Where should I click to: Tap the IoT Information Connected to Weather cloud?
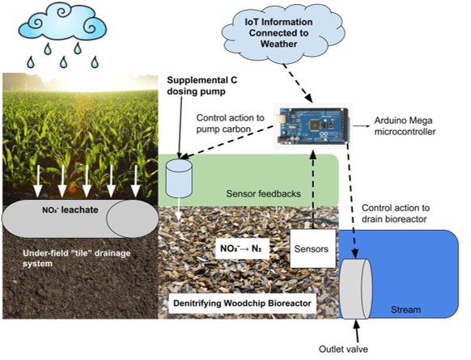tap(282, 34)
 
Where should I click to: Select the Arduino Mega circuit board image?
tap(312, 126)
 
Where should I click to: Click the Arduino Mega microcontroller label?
tap(405, 126)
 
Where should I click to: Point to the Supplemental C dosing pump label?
tap(202, 86)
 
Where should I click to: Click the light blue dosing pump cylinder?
tap(179, 179)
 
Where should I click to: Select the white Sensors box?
tap(312, 248)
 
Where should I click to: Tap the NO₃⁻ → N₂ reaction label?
tap(242, 248)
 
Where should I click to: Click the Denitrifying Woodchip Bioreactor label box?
tap(243, 303)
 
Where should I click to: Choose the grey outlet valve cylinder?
tap(356, 289)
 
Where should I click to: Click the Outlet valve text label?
tap(343, 349)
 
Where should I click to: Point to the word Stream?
tap(405, 310)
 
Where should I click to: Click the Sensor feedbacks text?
tap(264, 193)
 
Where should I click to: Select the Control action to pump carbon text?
tap(231, 124)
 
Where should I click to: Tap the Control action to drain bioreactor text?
tap(395, 214)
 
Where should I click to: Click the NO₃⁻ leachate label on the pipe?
tap(70, 210)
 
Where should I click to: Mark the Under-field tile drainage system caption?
tap(76, 258)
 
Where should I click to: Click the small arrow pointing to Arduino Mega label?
tap(362, 126)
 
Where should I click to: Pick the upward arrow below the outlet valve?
tap(357, 330)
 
